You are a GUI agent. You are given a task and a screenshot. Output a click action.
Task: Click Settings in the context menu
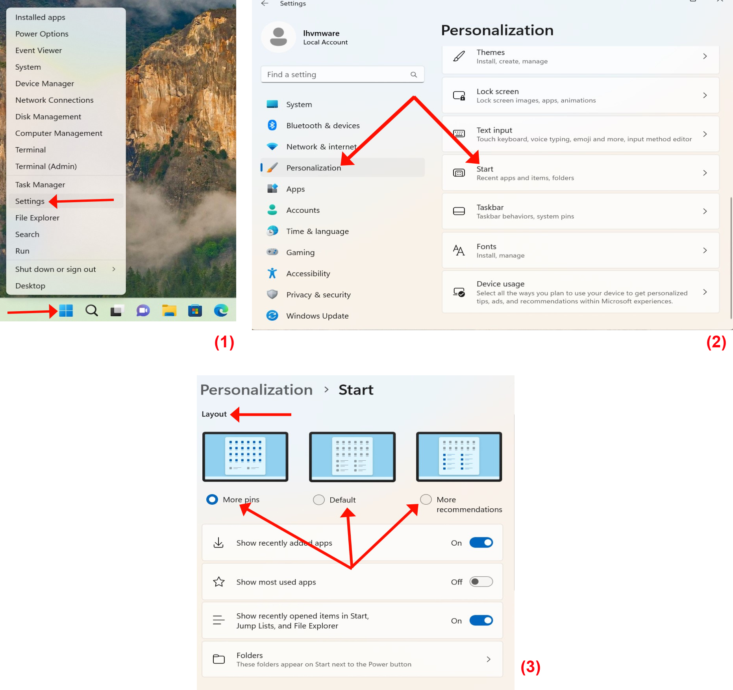(x=30, y=201)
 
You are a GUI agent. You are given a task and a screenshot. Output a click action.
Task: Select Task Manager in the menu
(x=40, y=184)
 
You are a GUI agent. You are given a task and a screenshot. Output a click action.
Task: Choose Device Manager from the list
(x=44, y=83)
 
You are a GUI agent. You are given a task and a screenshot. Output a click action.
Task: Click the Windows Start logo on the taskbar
(x=66, y=310)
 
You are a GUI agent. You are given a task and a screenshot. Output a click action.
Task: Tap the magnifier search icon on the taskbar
(x=91, y=310)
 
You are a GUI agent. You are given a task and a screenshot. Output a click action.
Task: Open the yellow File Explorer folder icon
(x=169, y=310)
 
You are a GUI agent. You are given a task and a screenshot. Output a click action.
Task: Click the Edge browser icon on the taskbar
(x=221, y=310)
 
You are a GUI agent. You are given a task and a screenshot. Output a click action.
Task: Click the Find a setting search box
(x=342, y=74)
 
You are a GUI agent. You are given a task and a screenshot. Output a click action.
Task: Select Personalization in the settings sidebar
(x=314, y=168)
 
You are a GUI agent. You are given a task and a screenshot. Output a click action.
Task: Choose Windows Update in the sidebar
(x=317, y=315)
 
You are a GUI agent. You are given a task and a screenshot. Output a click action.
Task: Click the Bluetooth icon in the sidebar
(x=272, y=125)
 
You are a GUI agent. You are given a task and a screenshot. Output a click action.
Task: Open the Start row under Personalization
(x=581, y=173)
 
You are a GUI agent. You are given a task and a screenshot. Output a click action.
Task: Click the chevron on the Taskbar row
(x=705, y=211)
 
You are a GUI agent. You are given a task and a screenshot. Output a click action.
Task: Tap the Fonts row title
(x=486, y=246)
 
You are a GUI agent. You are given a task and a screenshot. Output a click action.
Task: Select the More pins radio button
(x=212, y=499)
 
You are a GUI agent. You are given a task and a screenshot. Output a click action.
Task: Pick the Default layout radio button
(x=318, y=500)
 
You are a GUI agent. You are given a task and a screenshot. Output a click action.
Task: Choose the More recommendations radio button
(x=426, y=499)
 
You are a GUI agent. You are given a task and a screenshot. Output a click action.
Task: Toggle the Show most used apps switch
(x=481, y=581)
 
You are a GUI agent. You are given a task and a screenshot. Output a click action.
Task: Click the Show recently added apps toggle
(x=481, y=542)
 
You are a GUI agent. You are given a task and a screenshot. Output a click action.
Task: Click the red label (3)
(x=530, y=667)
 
